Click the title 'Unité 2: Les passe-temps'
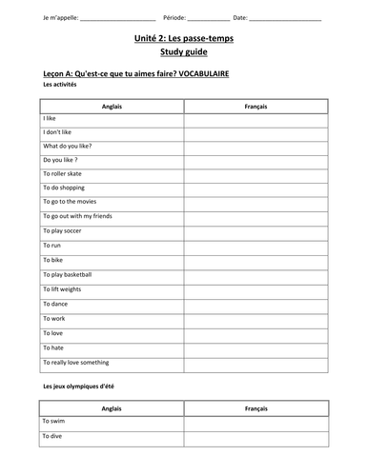pos(184,39)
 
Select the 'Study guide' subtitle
pos(184,54)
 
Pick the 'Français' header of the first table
pos(255,107)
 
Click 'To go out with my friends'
pos(78,216)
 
